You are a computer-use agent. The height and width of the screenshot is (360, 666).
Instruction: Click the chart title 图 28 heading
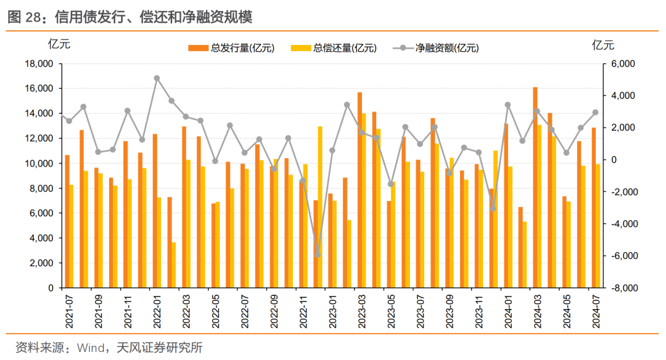click(x=130, y=17)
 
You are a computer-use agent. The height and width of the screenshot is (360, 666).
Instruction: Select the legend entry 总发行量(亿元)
click(x=231, y=48)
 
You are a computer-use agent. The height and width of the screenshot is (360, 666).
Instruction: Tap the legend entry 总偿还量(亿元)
click(x=334, y=48)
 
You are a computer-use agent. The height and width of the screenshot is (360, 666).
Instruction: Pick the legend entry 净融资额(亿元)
click(x=436, y=48)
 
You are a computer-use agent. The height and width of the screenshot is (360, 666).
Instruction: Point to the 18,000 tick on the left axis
click(x=39, y=63)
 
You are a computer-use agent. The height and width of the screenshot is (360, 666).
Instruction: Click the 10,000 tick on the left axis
click(x=39, y=163)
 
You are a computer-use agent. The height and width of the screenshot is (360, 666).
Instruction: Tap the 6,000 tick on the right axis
click(x=623, y=63)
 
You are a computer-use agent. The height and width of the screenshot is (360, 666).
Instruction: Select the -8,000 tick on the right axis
click(x=624, y=288)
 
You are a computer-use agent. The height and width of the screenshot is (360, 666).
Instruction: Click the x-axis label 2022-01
click(x=157, y=311)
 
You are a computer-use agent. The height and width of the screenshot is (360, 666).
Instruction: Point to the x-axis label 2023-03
click(x=362, y=311)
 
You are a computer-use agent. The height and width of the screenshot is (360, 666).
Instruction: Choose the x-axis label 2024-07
click(x=596, y=311)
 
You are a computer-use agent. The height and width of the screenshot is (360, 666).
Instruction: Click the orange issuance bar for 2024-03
click(x=535, y=187)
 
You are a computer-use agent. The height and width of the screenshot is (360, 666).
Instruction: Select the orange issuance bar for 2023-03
click(x=360, y=190)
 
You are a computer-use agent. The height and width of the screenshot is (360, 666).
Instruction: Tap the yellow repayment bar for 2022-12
click(x=320, y=207)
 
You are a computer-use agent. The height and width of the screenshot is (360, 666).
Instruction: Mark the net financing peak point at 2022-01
click(x=157, y=78)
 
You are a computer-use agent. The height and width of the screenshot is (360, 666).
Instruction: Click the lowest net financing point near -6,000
click(x=318, y=255)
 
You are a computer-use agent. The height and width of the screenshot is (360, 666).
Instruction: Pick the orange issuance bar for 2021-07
click(x=67, y=221)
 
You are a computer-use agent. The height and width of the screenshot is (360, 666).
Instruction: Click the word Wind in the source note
click(x=91, y=348)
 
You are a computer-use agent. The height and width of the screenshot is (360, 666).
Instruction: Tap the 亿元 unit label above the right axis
click(x=603, y=45)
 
